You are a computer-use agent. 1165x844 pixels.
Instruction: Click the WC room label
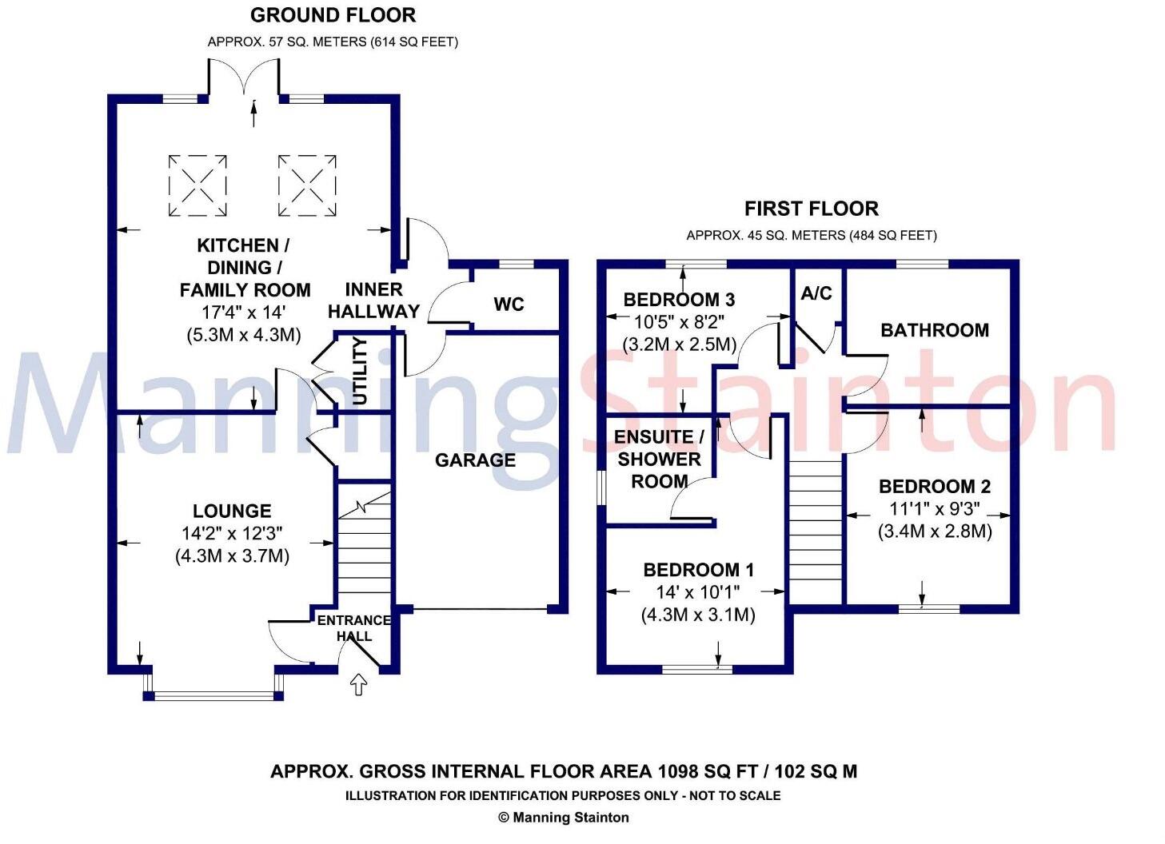[509, 305]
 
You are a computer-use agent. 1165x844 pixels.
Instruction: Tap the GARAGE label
[475, 460]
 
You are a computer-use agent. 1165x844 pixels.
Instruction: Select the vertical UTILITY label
[361, 371]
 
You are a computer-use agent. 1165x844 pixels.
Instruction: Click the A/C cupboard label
[816, 293]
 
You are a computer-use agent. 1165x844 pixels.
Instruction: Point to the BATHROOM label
[934, 330]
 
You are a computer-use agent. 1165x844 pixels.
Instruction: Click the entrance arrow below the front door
[358, 684]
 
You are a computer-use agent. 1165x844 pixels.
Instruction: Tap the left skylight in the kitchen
[197, 185]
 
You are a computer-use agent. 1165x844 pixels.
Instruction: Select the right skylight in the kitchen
[307, 185]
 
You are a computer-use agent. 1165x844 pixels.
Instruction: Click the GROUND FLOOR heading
[333, 15]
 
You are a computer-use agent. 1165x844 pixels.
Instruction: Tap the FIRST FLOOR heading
[811, 209]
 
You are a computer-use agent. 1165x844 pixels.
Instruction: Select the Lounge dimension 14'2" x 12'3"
[232, 533]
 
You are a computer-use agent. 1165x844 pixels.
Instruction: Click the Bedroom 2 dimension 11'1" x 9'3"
[934, 509]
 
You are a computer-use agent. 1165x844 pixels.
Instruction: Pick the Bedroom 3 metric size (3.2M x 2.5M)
[679, 344]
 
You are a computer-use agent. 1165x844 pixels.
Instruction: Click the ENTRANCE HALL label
[354, 628]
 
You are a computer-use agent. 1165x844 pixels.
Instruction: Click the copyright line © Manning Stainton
[563, 818]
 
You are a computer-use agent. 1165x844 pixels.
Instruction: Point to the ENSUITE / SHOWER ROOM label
[659, 459]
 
